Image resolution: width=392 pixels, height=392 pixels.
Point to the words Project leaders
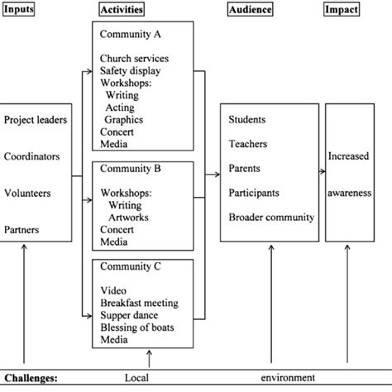click(x=36, y=121)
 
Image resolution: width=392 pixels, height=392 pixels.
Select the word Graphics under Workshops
click(x=125, y=119)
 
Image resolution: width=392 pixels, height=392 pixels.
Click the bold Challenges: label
click(x=31, y=378)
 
